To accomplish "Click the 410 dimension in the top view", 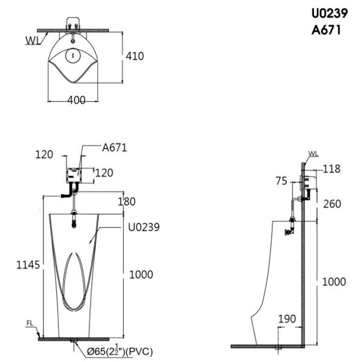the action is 135,56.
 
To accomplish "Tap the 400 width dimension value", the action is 76,100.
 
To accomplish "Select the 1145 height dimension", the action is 28,265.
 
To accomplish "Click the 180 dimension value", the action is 127,202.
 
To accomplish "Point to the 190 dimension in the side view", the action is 287,319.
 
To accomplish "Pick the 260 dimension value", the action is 332,204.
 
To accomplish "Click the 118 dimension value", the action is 332,169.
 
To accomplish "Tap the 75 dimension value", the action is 281,181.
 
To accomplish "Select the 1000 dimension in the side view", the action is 334,282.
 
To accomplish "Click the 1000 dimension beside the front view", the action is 141,275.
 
